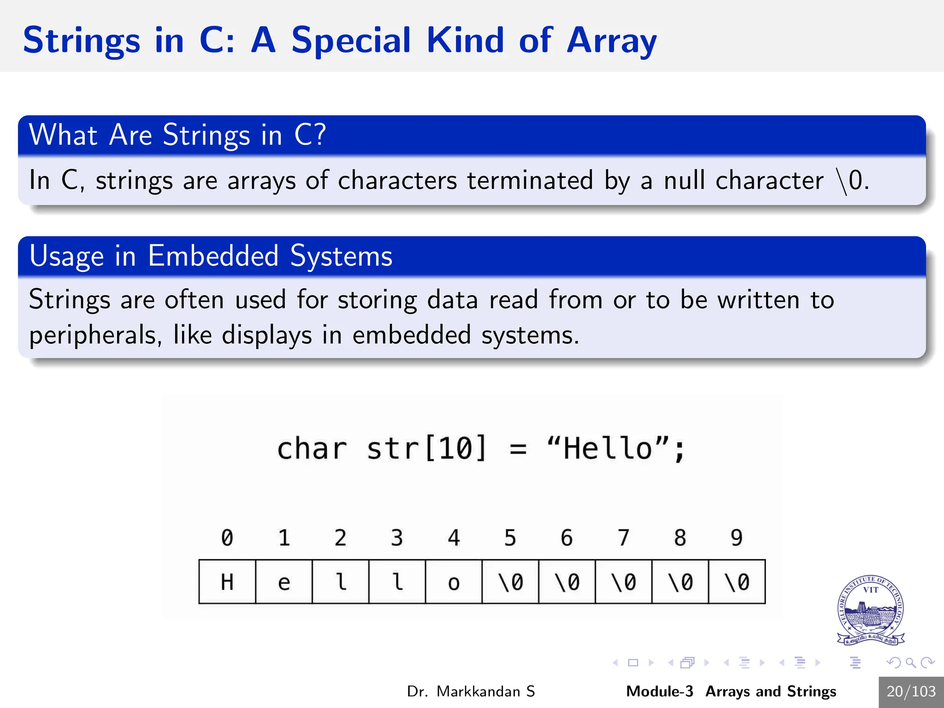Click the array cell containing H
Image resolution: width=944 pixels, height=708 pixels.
pos(227,582)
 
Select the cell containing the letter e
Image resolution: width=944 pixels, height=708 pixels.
pos(284,582)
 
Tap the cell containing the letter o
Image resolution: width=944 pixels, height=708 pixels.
pos(454,582)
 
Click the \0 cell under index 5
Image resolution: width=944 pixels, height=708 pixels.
pos(510,582)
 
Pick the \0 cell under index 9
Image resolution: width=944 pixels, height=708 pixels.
pos(737,582)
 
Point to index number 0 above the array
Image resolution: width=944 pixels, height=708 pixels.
pos(227,538)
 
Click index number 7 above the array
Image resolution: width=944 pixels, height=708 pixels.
pos(623,538)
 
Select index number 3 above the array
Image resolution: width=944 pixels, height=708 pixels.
pos(397,538)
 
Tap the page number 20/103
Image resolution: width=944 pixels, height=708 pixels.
pos(911,691)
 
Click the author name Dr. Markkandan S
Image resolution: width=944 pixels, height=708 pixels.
pos(471,691)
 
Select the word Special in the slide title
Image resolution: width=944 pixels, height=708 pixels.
pos(350,41)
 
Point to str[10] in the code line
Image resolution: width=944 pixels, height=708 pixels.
pos(426,448)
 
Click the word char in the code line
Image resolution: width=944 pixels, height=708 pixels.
pos(312,448)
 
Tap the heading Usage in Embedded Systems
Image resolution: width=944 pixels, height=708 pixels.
pos(211,256)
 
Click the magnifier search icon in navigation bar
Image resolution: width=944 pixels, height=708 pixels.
pos(910,663)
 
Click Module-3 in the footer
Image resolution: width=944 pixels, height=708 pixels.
pos(659,691)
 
